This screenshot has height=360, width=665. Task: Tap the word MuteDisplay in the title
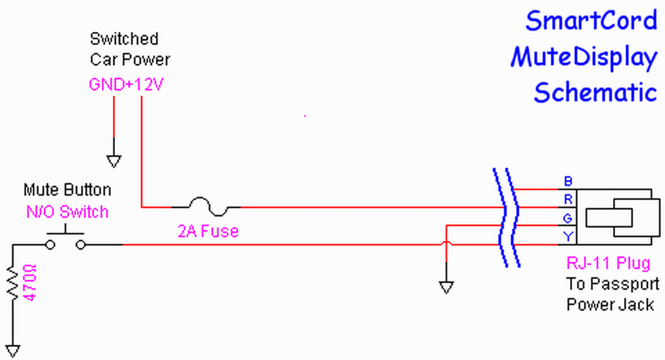pyautogui.click(x=584, y=57)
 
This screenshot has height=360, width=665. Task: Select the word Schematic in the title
pyautogui.click(x=596, y=92)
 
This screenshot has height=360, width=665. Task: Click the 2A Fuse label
pyautogui.click(x=208, y=231)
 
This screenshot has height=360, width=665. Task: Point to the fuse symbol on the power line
pyautogui.click(x=209, y=207)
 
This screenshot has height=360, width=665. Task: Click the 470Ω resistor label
pyautogui.click(x=30, y=282)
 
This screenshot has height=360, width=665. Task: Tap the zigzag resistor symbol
pyautogui.click(x=13, y=282)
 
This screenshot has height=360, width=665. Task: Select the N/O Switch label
pyautogui.click(x=68, y=211)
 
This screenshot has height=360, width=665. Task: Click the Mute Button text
pyautogui.click(x=68, y=190)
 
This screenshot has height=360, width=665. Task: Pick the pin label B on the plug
pyautogui.click(x=568, y=181)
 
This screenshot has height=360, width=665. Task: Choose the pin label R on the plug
pyautogui.click(x=568, y=199)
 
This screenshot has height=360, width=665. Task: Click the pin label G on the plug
pyautogui.click(x=568, y=218)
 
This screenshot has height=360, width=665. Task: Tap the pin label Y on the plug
pyautogui.click(x=568, y=237)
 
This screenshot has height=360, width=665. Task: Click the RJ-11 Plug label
pyautogui.click(x=608, y=263)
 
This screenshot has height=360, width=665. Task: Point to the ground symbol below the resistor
pyautogui.click(x=13, y=351)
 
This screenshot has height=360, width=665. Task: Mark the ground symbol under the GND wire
pyautogui.click(x=114, y=161)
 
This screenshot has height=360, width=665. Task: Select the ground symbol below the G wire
pyautogui.click(x=446, y=287)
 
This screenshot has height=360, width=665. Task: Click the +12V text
pyautogui.click(x=144, y=84)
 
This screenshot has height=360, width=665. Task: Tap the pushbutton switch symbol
pyautogui.click(x=66, y=238)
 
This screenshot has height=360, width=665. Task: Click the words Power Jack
pyautogui.click(x=610, y=304)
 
